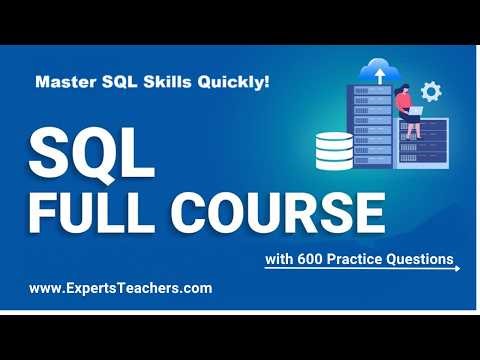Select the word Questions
point(423,261)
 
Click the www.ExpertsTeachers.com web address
point(120,288)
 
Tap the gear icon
point(431,92)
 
